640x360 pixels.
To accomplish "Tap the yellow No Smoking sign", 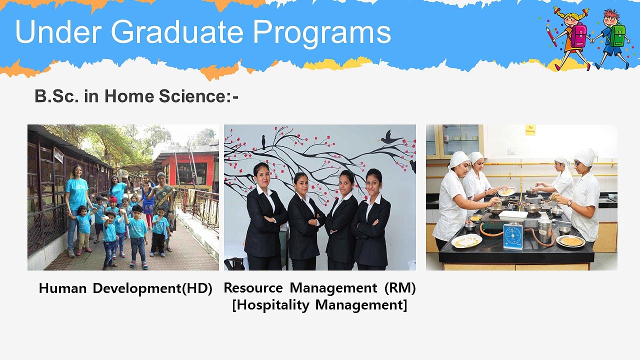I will [530, 130].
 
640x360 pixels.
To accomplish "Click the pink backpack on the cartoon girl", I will [578, 36].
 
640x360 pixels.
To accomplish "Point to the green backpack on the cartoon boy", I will [618, 35].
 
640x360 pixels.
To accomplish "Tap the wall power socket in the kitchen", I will [511, 151].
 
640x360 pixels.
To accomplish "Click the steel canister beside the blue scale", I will [544, 230].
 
